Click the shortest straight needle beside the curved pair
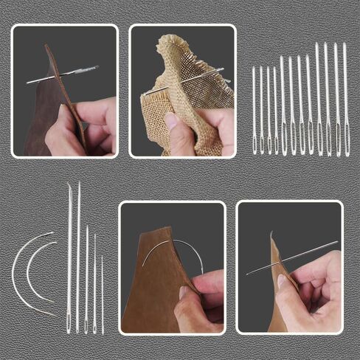click(x=103, y=295)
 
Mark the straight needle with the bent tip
click(x=69, y=251)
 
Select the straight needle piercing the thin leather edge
click(x=295, y=257)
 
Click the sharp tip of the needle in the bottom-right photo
click(x=248, y=274)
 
